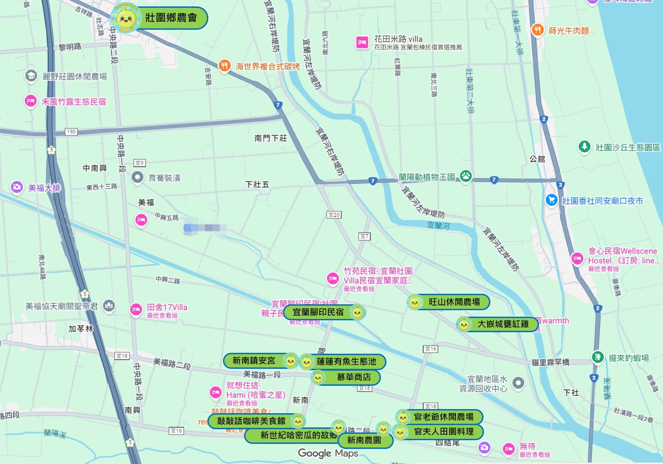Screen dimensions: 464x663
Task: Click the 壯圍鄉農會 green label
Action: (170, 18)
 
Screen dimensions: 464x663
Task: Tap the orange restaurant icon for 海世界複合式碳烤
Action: (224, 66)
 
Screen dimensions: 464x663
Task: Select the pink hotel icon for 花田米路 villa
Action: (362, 43)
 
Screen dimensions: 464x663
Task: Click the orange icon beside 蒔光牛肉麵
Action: (538, 30)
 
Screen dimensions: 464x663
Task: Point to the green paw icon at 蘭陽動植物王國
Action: (466, 176)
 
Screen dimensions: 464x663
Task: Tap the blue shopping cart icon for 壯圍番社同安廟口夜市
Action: (551, 200)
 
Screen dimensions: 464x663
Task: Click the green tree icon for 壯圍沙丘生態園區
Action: (584, 146)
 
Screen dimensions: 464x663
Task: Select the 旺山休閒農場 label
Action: (454, 302)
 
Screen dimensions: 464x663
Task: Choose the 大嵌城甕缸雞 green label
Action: (502, 324)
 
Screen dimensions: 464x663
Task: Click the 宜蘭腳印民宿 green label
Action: (318, 312)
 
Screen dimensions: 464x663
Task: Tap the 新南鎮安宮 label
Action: (254, 361)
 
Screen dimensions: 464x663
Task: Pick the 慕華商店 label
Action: (353, 377)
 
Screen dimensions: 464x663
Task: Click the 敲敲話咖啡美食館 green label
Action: (251, 421)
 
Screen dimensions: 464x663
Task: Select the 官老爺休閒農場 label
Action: (443, 417)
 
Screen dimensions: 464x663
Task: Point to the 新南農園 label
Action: (364, 440)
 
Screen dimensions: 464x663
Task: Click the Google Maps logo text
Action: (328, 453)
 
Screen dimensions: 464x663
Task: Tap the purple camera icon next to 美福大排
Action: (17, 187)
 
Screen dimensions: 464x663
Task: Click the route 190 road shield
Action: (71, 132)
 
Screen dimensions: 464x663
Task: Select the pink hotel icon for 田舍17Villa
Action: (136, 310)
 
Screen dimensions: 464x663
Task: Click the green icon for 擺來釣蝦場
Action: (598, 357)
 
